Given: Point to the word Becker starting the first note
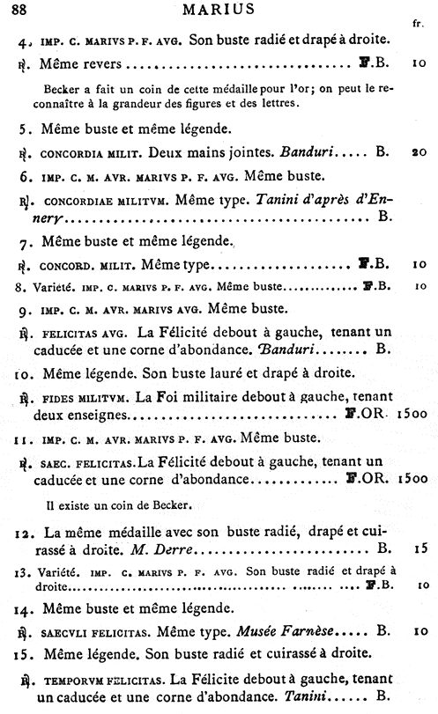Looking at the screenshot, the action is click(x=62, y=89).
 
